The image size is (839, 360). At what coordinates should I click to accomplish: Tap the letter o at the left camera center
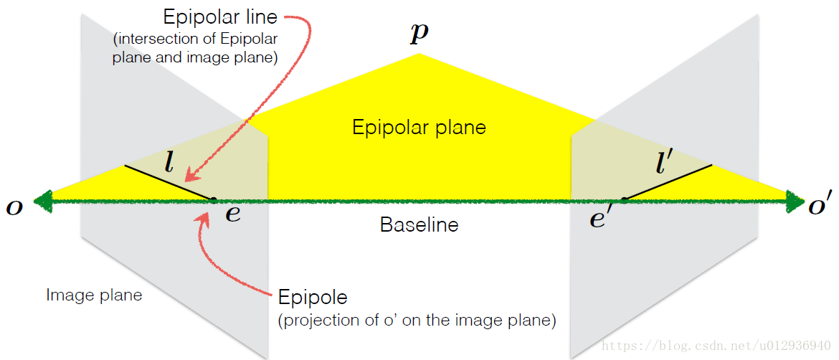pos(14,207)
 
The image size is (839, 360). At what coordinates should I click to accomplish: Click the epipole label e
pos(233,213)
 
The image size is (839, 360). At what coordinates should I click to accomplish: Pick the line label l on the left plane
pos(169,164)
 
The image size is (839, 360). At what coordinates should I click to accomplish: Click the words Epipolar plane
pos(419,128)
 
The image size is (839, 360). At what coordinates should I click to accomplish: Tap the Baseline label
pos(419,224)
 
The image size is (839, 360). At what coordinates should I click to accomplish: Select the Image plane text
pos(94,295)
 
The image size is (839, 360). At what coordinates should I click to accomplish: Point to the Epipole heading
pos(312,297)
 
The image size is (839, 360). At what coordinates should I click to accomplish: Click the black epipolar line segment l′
pos(668,181)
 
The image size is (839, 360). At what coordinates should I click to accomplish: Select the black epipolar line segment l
pos(169,182)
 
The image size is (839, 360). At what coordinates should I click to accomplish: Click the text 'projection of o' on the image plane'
pos(417,321)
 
